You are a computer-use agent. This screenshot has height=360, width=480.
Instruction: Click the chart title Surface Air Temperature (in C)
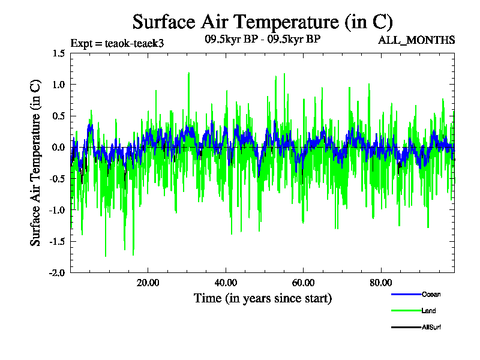coord(262,22)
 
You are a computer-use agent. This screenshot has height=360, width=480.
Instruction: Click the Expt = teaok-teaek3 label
coord(118,43)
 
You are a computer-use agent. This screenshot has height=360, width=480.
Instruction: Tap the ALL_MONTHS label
coord(416,40)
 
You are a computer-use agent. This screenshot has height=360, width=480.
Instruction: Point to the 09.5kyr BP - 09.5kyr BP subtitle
coord(262,40)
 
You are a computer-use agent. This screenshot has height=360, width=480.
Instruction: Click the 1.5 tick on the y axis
coord(58,53)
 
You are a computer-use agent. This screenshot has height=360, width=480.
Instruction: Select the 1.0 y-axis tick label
coord(58,85)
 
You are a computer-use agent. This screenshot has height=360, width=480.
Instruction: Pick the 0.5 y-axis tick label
coord(58,116)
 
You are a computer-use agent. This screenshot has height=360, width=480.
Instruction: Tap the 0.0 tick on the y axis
coord(58,147)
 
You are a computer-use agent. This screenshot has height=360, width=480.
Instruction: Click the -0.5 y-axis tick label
coord(57,179)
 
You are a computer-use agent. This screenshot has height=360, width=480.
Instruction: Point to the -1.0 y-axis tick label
coord(57,210)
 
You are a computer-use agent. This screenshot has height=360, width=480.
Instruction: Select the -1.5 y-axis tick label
coord(57,241)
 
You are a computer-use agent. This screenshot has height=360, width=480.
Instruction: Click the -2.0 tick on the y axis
coord(57,272)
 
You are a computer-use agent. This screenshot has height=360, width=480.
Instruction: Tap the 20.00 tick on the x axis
coord(148,283)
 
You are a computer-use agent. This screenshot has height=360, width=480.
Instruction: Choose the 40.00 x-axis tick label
coord(226,283)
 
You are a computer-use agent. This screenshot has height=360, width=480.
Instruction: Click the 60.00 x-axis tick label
coord(304,283)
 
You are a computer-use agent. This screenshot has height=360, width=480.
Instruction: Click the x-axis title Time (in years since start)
coord(263,298)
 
